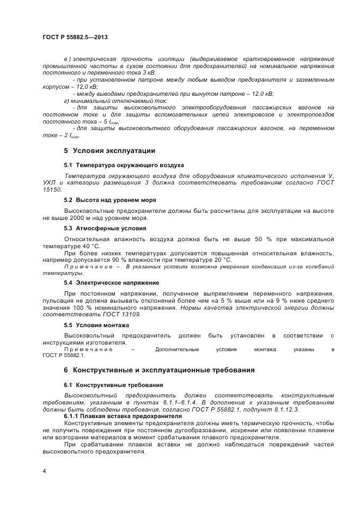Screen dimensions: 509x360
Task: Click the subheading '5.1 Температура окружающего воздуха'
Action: pos(124,164)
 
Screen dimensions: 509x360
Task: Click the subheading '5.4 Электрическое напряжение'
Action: pos(111,283)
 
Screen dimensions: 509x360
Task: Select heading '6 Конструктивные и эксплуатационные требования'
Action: pos(159,370)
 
